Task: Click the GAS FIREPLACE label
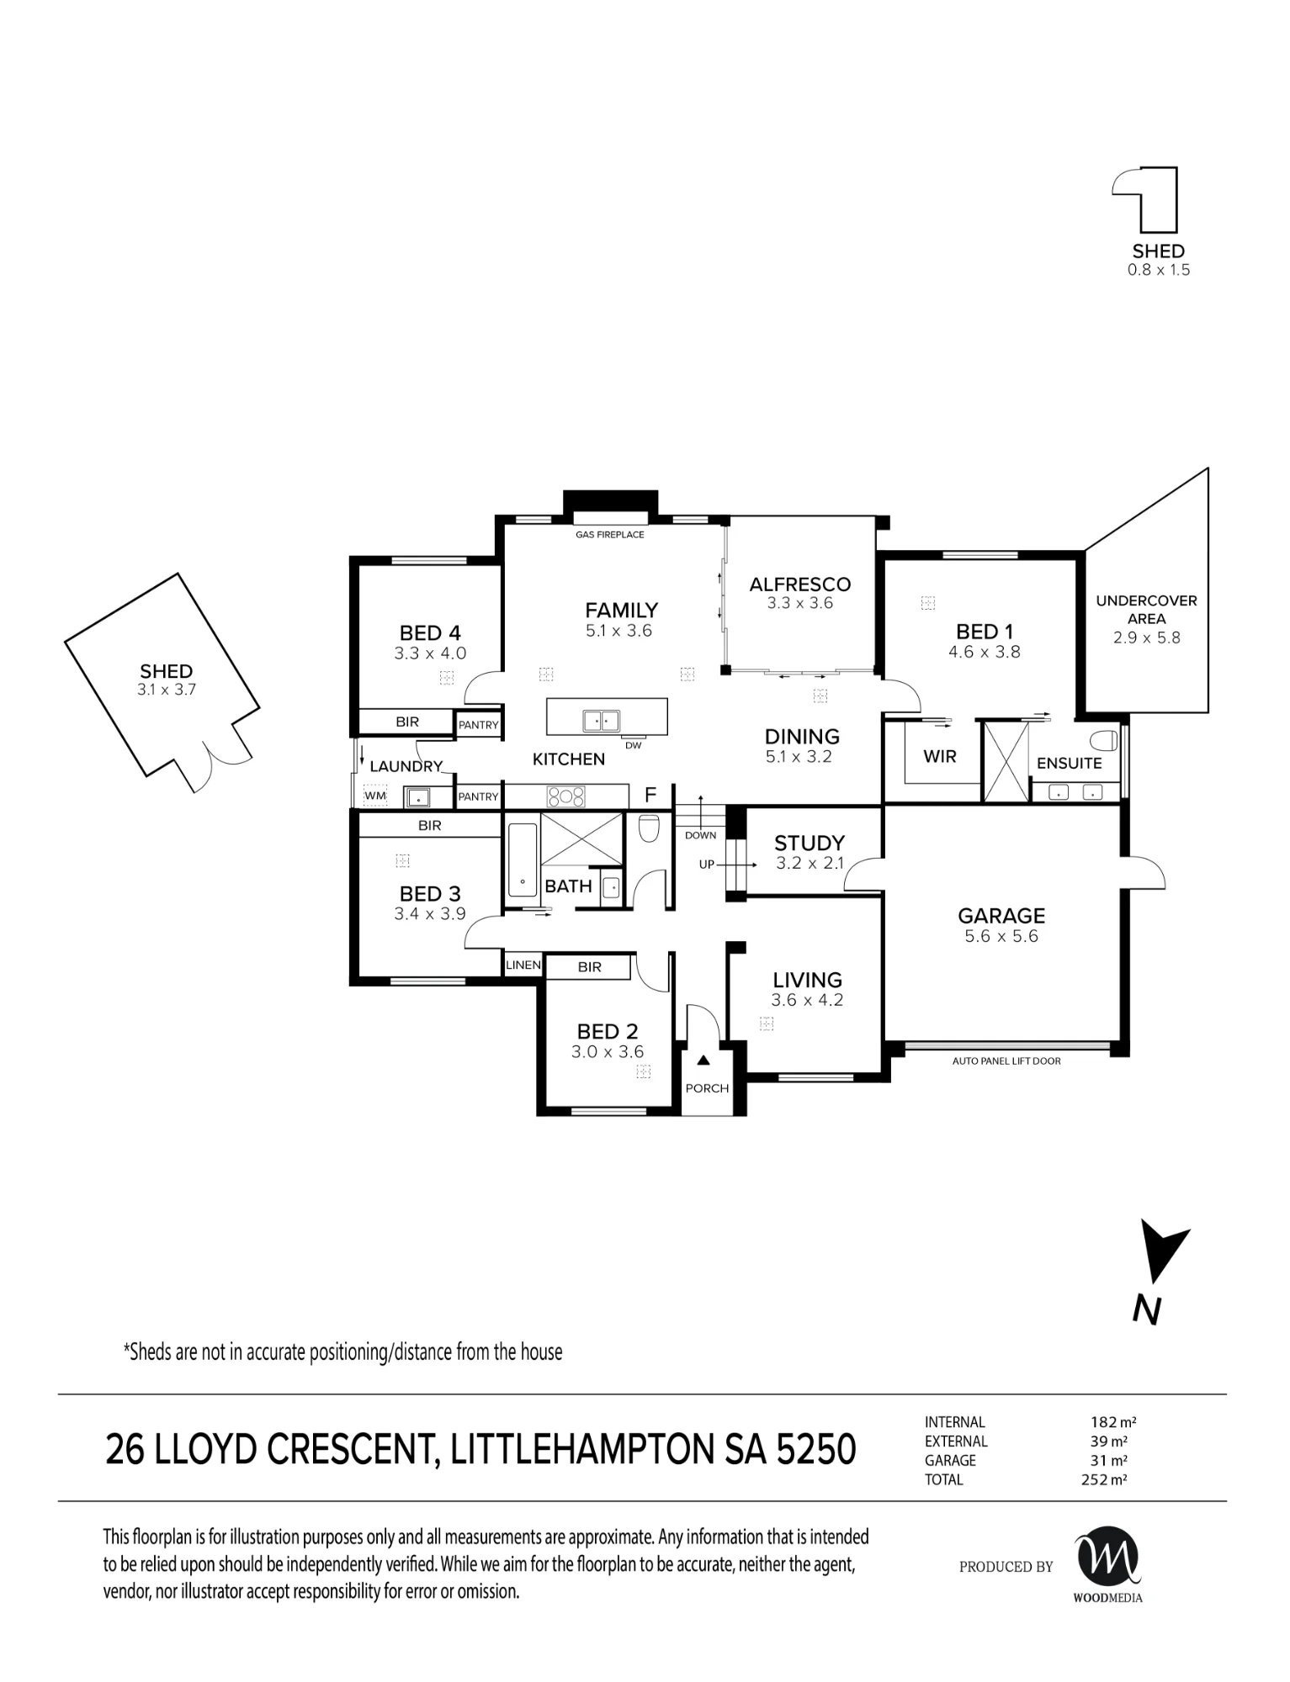tap(609, 535)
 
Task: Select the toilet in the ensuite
tap(1106, 741)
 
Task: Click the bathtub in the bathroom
tap(523, 860)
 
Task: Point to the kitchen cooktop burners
tap(566, 796)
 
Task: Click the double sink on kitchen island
tap(602, 721)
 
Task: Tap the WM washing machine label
tap(375, 796)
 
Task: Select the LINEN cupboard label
tap(523, 965)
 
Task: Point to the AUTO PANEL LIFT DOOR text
tap(1006, 1061)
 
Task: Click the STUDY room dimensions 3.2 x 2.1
tap(810, 864)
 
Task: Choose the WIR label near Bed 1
tap(940, 757)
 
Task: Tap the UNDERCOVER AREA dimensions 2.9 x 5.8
tap(1147, 637)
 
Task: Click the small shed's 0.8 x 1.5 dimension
tap(1159, 270)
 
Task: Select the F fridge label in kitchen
tap(650, 795)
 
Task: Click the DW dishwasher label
tap(634, 745)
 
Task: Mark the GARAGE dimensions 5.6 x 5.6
tap(1001, 937)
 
